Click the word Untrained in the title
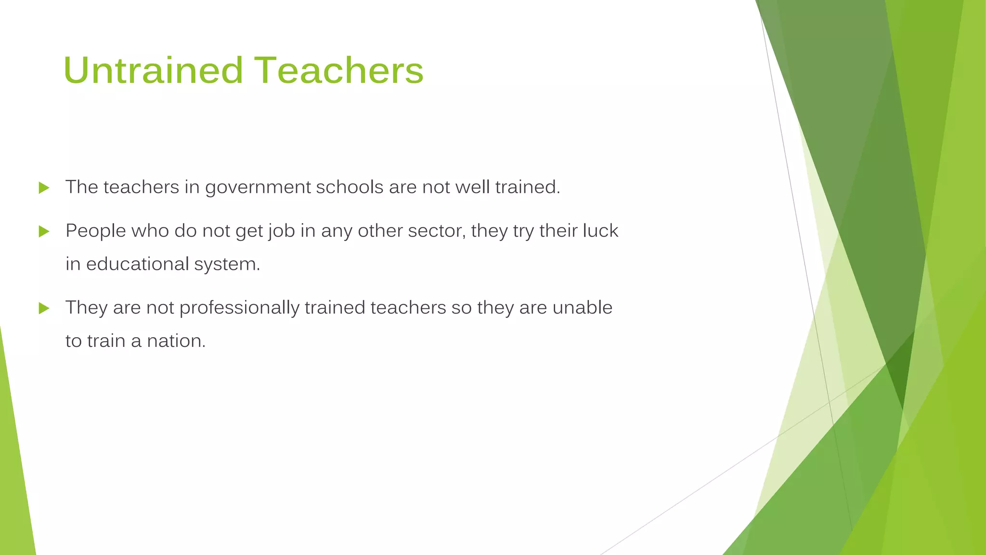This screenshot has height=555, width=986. point(153,70)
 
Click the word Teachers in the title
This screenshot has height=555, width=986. point(339,70)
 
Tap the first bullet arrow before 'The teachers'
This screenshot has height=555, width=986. point(44,188)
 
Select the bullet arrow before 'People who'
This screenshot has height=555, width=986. point(44,232)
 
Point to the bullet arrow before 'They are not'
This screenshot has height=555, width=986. point(44,308)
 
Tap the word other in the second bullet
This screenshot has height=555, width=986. point(380,231)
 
